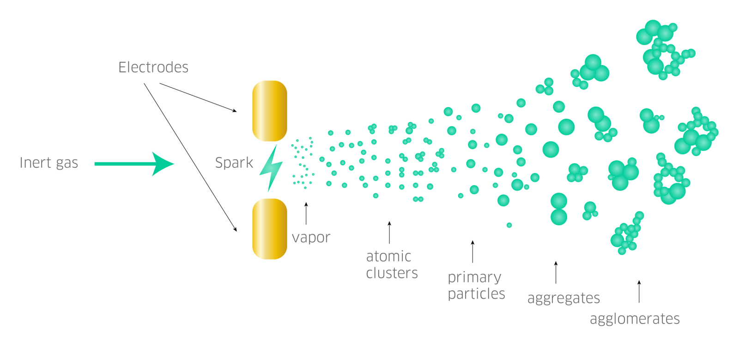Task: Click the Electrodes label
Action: click(x=153, y=67)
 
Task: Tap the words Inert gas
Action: click(x=49, y=163)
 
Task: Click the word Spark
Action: click(x=234, y=163)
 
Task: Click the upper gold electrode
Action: click(x=270, y=111)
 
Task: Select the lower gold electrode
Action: click(x=270, y=229)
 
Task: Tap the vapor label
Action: click(x=311, y=238)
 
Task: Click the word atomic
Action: click(x=388, y=256)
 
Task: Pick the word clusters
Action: click(x=392, y=273)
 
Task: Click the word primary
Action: click(x=474, y=277)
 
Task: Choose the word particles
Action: click(x=476, y=294)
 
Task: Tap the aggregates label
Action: click(x=563, y=299)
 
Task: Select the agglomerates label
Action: click(x=635, y=319)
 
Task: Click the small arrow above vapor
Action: click(x=306, y=213)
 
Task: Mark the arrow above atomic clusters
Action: click(x=389, y=232)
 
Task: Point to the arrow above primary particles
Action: click(x=472, y=251)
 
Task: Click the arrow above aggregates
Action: click(x=556, y=272)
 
